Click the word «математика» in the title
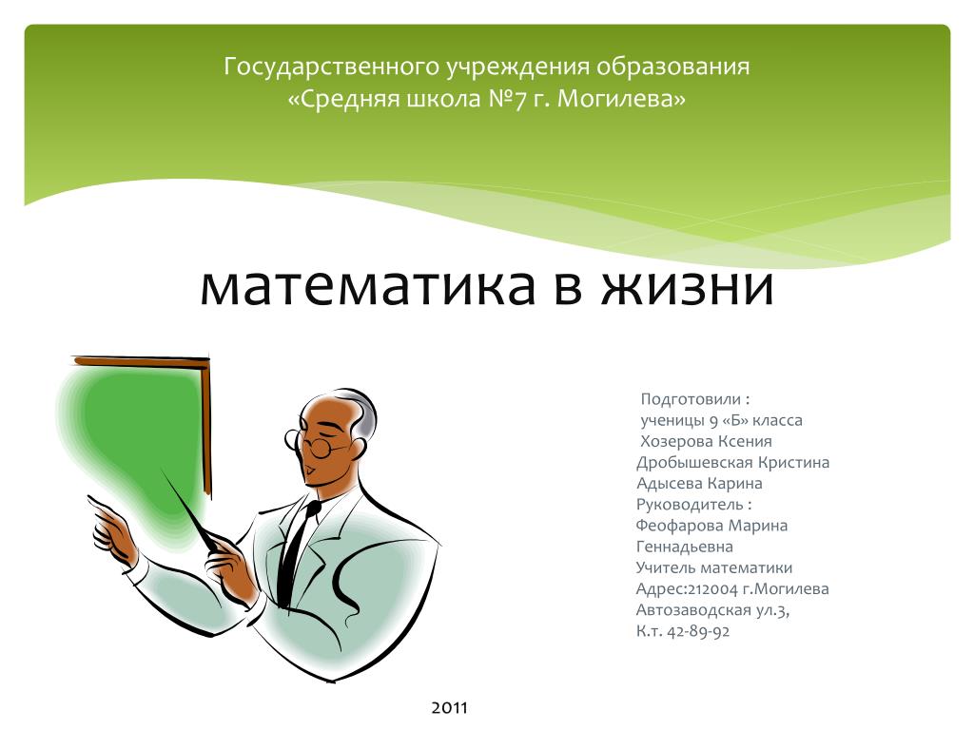pyautogui.click(x=367, y=287)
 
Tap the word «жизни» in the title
pyautogui.click(x=688, y=287)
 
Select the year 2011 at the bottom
pyautogui.click(x=449, y=707)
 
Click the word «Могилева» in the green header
pyautogui.click(x=622, y=99)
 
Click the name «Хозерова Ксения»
pyautogui.click(x=706, y=441)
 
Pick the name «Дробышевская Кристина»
pyautogui.click(x=732, y=463)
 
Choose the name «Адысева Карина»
pyautogui.click(x=699, y=484)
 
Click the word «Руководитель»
pyautogui.click(x=689, y=505)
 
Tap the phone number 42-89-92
pyautogui.click(x=698, y=631)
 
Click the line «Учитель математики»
pyautogui.click(x=713, y=568)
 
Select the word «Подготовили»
pyautogui.click(x=691, y=399)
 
